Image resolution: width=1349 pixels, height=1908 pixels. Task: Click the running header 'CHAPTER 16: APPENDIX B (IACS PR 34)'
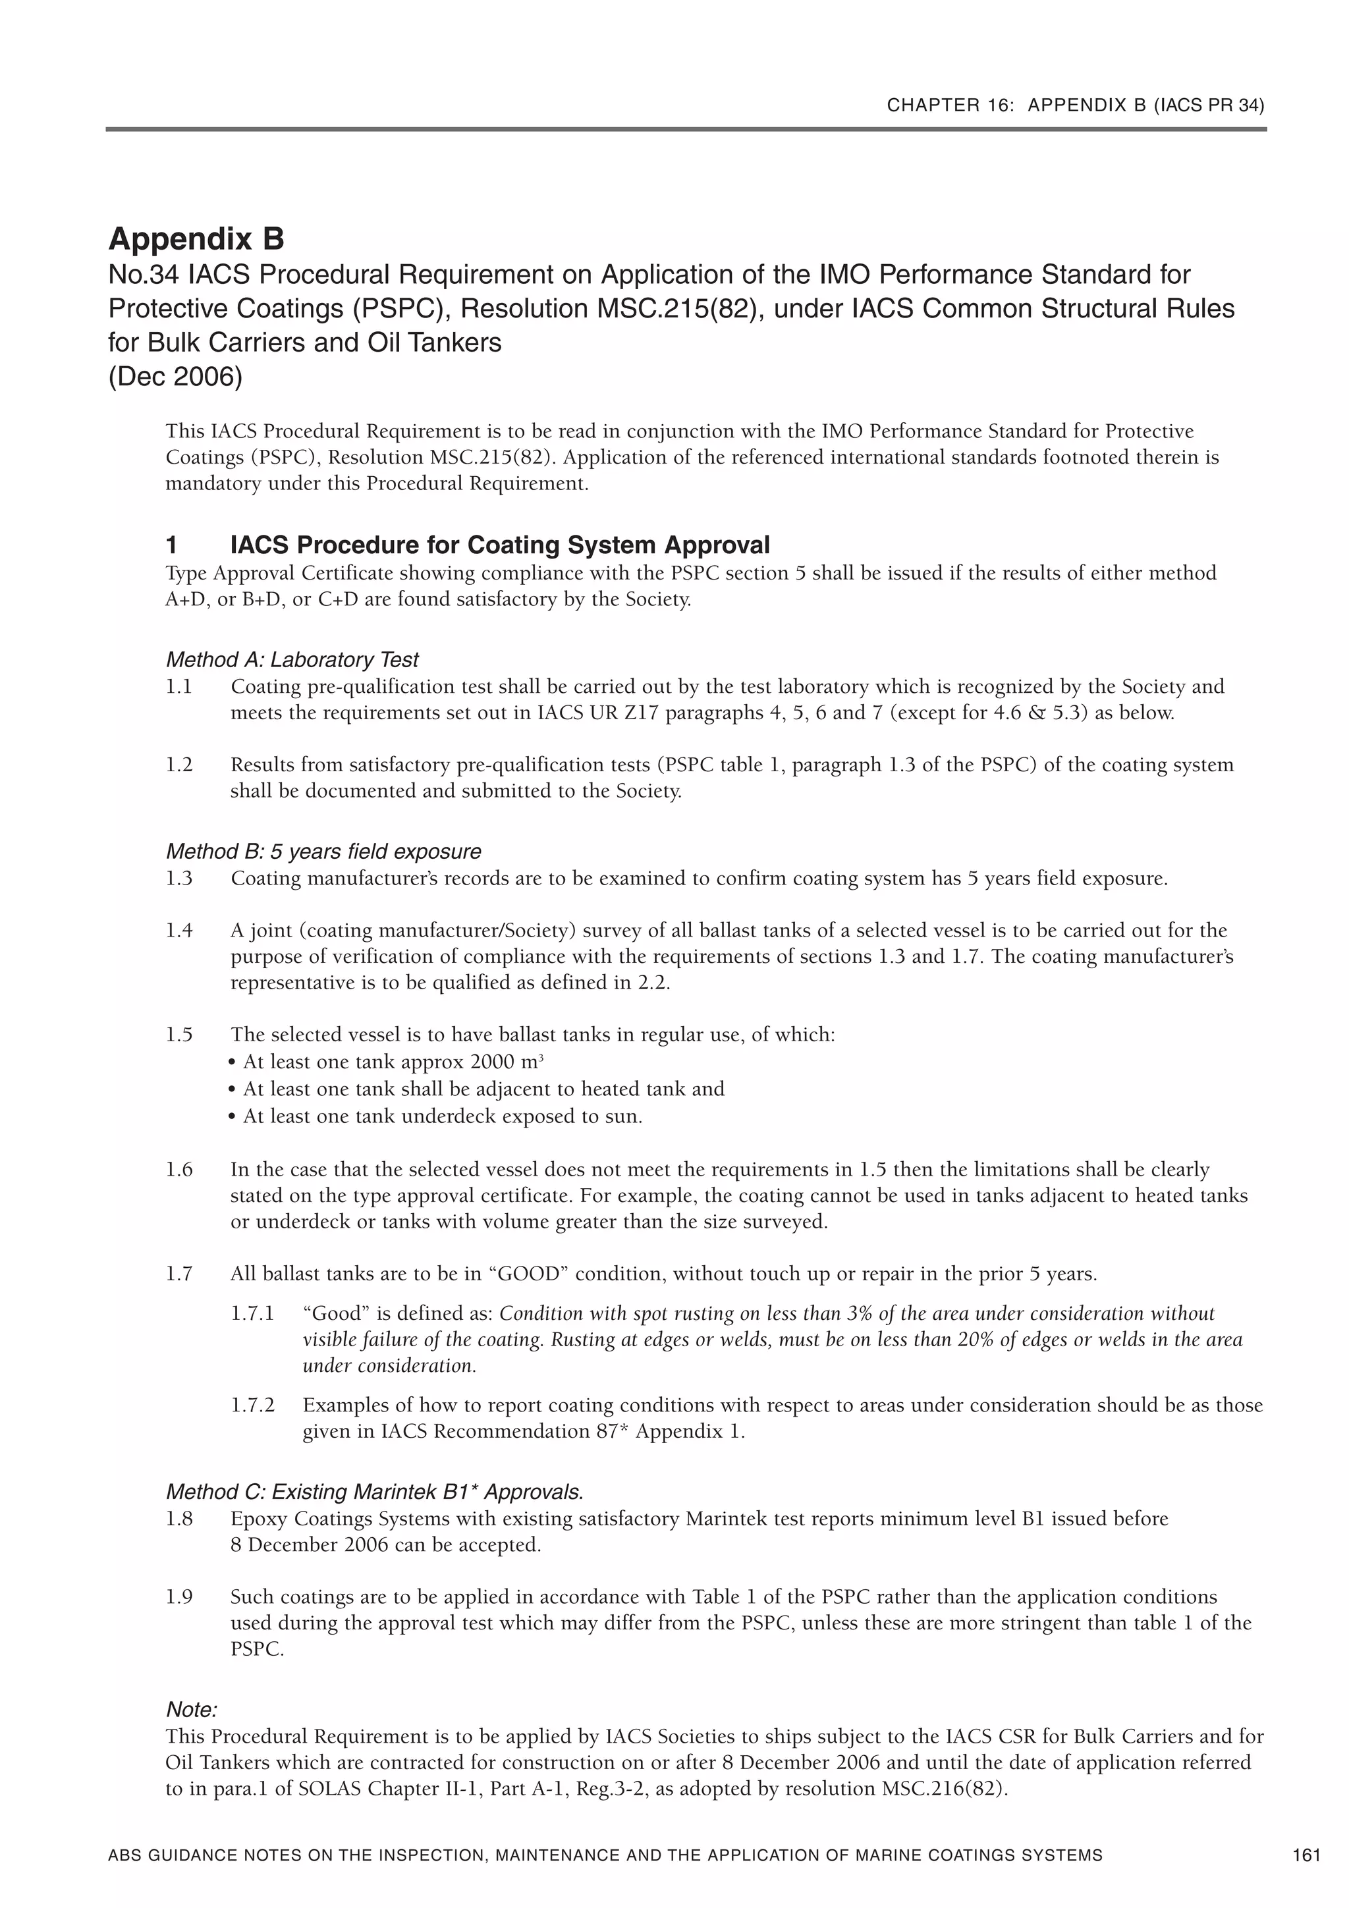[x=1076, y=105]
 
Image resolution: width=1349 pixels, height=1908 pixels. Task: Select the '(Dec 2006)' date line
[x=175, y=377]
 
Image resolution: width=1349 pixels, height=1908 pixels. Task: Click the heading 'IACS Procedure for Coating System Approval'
[x=499, y=545]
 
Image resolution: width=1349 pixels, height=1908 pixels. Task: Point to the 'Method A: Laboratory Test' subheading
[x=292, y=660]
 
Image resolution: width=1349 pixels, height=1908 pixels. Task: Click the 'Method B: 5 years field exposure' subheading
[x=323, y=852]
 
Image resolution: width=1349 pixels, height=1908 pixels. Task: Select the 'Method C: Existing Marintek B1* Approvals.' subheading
[x=375, y=1492]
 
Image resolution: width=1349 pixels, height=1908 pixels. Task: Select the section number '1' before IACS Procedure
[x=171, y=545]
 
